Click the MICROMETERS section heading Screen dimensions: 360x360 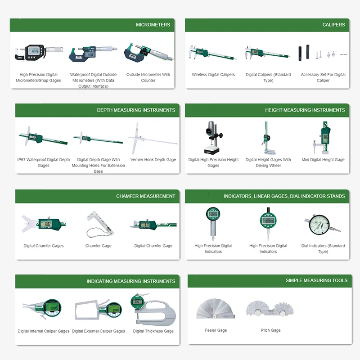[153, 25]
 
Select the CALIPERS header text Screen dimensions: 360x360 [333, 25]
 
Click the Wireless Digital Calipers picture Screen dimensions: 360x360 [213, 54]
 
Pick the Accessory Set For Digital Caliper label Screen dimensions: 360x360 [323, 77]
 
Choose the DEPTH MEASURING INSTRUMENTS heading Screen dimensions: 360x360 [136, 110]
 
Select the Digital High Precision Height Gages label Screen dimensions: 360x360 [213, 162]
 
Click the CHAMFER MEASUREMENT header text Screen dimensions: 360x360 [145, 196]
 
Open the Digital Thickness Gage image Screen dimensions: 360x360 [153, 309]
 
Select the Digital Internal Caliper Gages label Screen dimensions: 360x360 [44, 331]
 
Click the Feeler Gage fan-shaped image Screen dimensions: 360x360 [216, 309]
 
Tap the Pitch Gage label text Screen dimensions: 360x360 [270, 330]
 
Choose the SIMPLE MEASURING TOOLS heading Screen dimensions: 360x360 [316, 281]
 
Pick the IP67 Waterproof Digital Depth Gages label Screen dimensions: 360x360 [44, 162]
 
